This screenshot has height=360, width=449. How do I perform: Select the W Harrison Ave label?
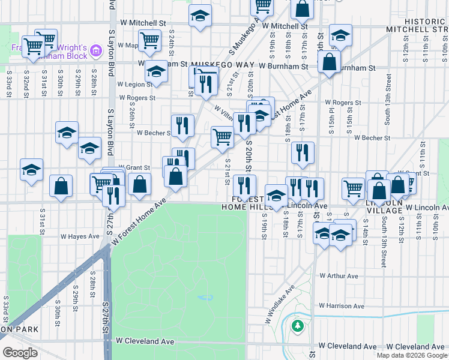pos(342,306)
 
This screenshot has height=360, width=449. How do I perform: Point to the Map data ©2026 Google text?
pos(412,355)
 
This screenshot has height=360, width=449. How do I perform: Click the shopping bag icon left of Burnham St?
pos(330,62)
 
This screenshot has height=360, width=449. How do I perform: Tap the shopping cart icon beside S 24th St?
pos(149,41)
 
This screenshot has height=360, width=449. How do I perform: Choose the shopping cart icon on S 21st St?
pos(222,137)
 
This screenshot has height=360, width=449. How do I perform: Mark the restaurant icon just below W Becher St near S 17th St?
pos(303,152)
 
